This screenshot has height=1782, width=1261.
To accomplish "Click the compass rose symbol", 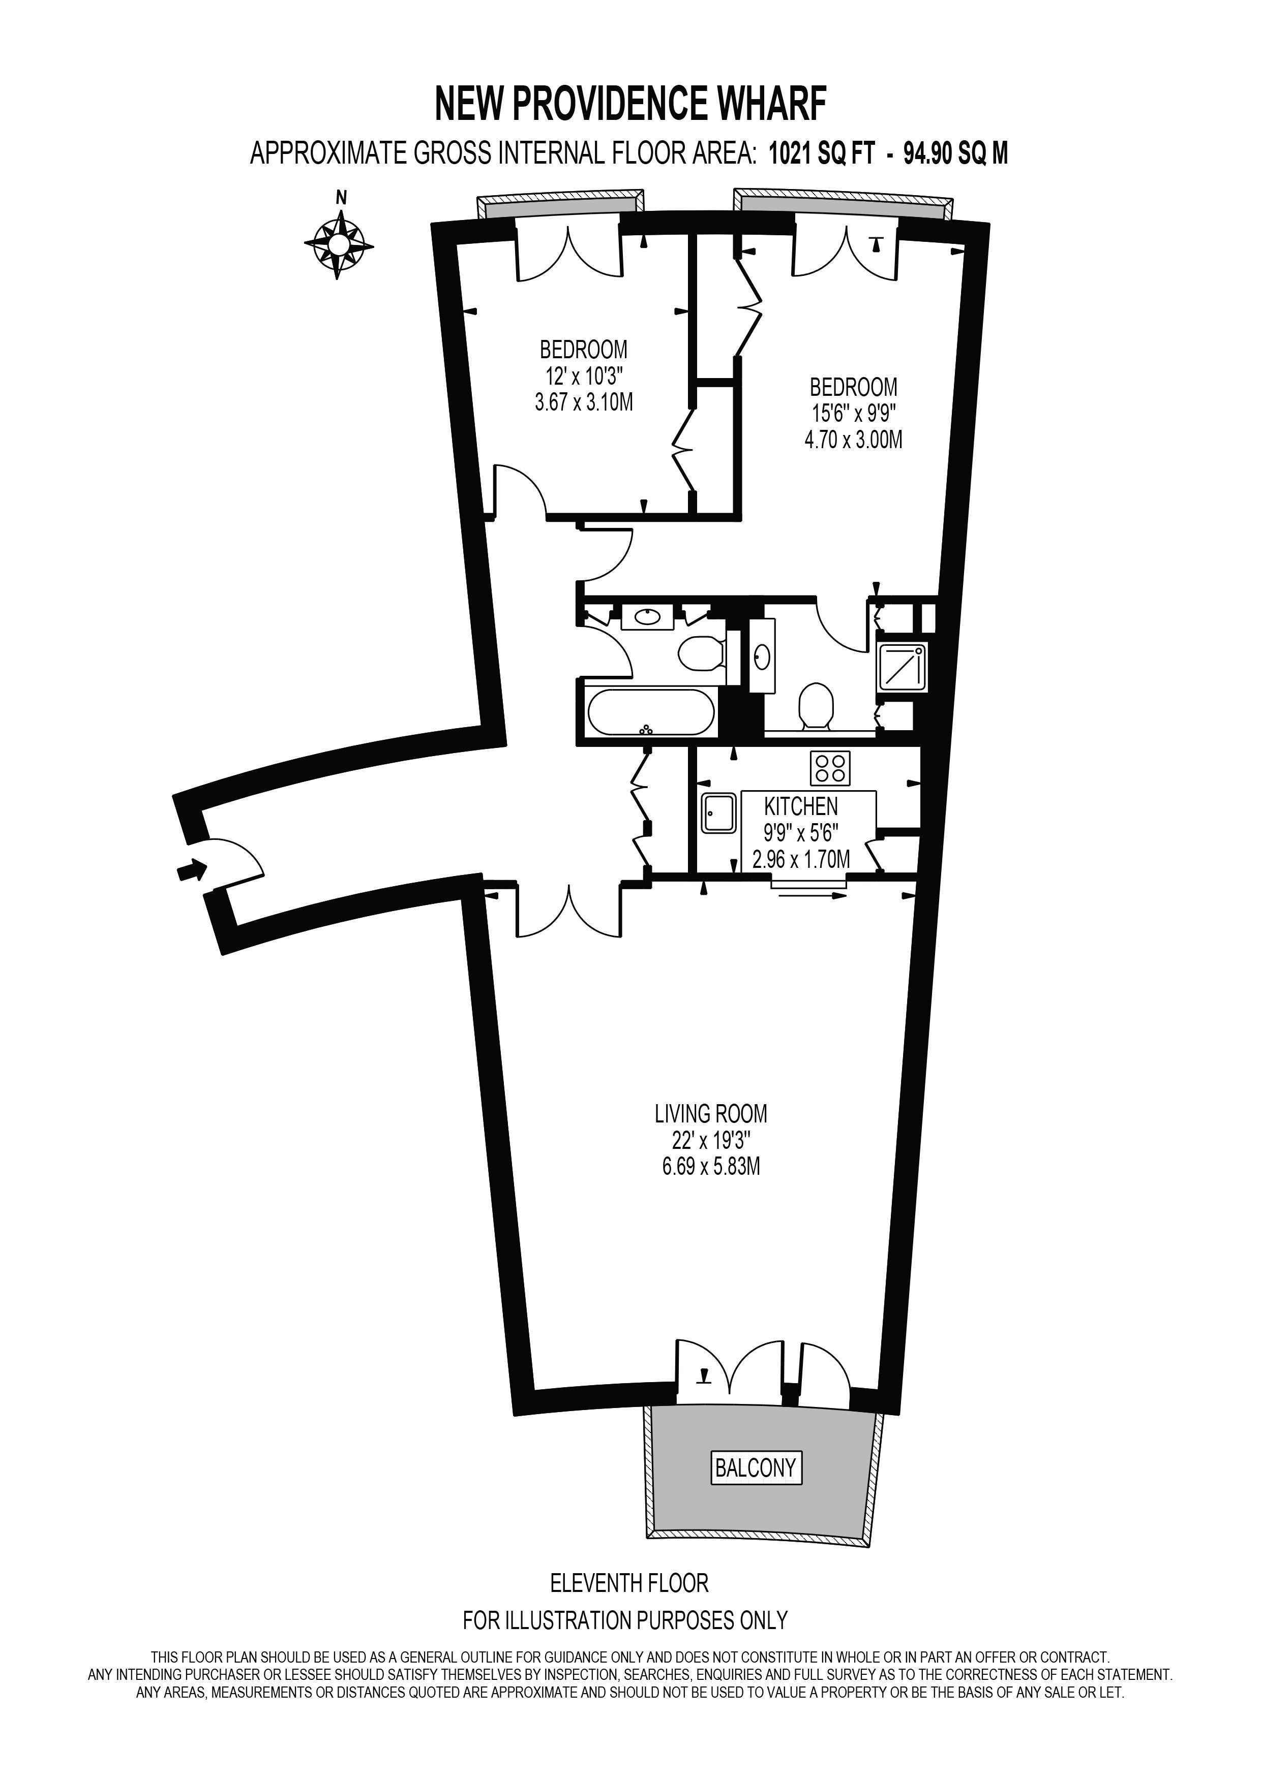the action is (x=339, y=244).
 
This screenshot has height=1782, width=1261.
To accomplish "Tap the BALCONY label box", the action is (x=756, y=1467).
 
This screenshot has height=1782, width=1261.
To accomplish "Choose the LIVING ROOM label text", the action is (x=710, y=1114).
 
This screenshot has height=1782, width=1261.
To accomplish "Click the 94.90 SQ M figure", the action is (x=956, y=153).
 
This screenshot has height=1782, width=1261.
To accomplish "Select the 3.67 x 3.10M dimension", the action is (x=584, y=402).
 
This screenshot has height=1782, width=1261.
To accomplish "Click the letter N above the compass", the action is (x=340, y=198).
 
